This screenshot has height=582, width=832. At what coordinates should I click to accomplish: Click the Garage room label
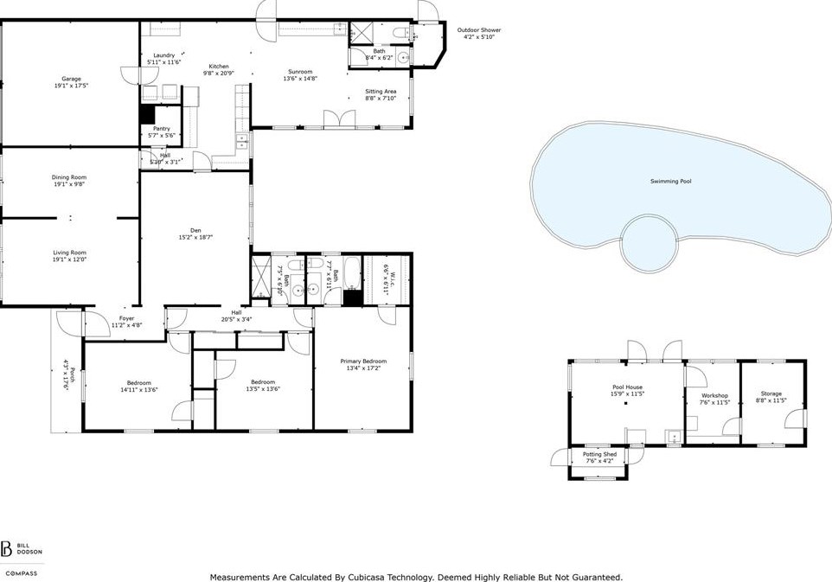pyautogui.click(x=71, y=79)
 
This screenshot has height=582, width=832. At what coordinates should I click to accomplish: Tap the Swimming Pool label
pyautogui.click(x=670, y=182)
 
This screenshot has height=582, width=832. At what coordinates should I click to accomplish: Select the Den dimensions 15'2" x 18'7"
pyautogui.click(x=195, y=238)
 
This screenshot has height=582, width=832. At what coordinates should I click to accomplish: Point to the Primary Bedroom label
pyautogui.click(x=363, y=361)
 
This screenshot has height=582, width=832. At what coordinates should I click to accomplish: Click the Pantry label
pyautogui.click(x=162, y=129)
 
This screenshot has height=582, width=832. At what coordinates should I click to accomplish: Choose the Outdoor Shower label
pyautogui.click(x=479, y=30)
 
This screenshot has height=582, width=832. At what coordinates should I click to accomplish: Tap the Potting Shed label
pyautogui.click(x=599, y=455)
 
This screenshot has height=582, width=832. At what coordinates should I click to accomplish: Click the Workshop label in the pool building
pyautogui.click(x=714, y=396)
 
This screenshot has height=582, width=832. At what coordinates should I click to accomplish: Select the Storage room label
pyautogui.click(x=771, y=393)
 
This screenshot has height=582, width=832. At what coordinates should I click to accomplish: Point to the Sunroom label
pyautogui.click(x=300, y=72)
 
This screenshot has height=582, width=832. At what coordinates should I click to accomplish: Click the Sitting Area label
pyautogui.click(x=381, y=92)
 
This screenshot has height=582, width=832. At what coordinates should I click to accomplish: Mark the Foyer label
pyautogui.click(x=127, y=319)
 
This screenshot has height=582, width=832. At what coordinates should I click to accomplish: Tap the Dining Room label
pyautogui.click(x=69, y=178)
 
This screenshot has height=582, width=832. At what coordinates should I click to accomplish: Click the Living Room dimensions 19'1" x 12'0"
pyautogui.click(x=69, y=259)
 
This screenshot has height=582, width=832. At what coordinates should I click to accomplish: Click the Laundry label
pyautogui.click(x=164, y=55)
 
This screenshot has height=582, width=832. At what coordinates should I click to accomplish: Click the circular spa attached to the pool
pyautogui.click(x=649, y=243)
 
